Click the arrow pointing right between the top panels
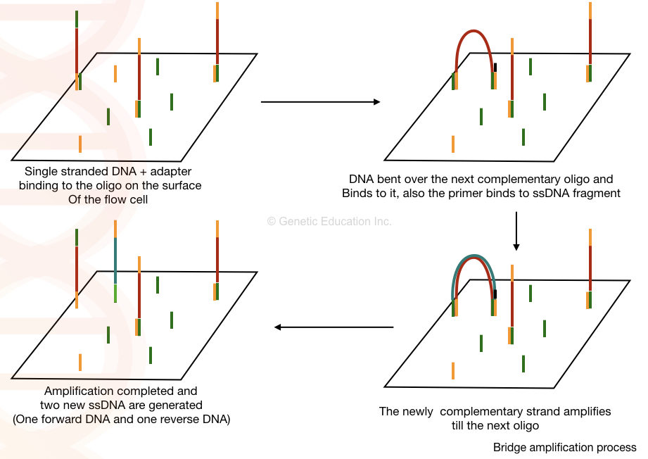[320, 102]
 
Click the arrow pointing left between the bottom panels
[333, 327]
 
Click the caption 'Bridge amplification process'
[564, 447]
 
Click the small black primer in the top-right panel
[495, 68]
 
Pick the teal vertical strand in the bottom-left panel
[115, 260]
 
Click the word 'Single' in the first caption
[41, 171]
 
